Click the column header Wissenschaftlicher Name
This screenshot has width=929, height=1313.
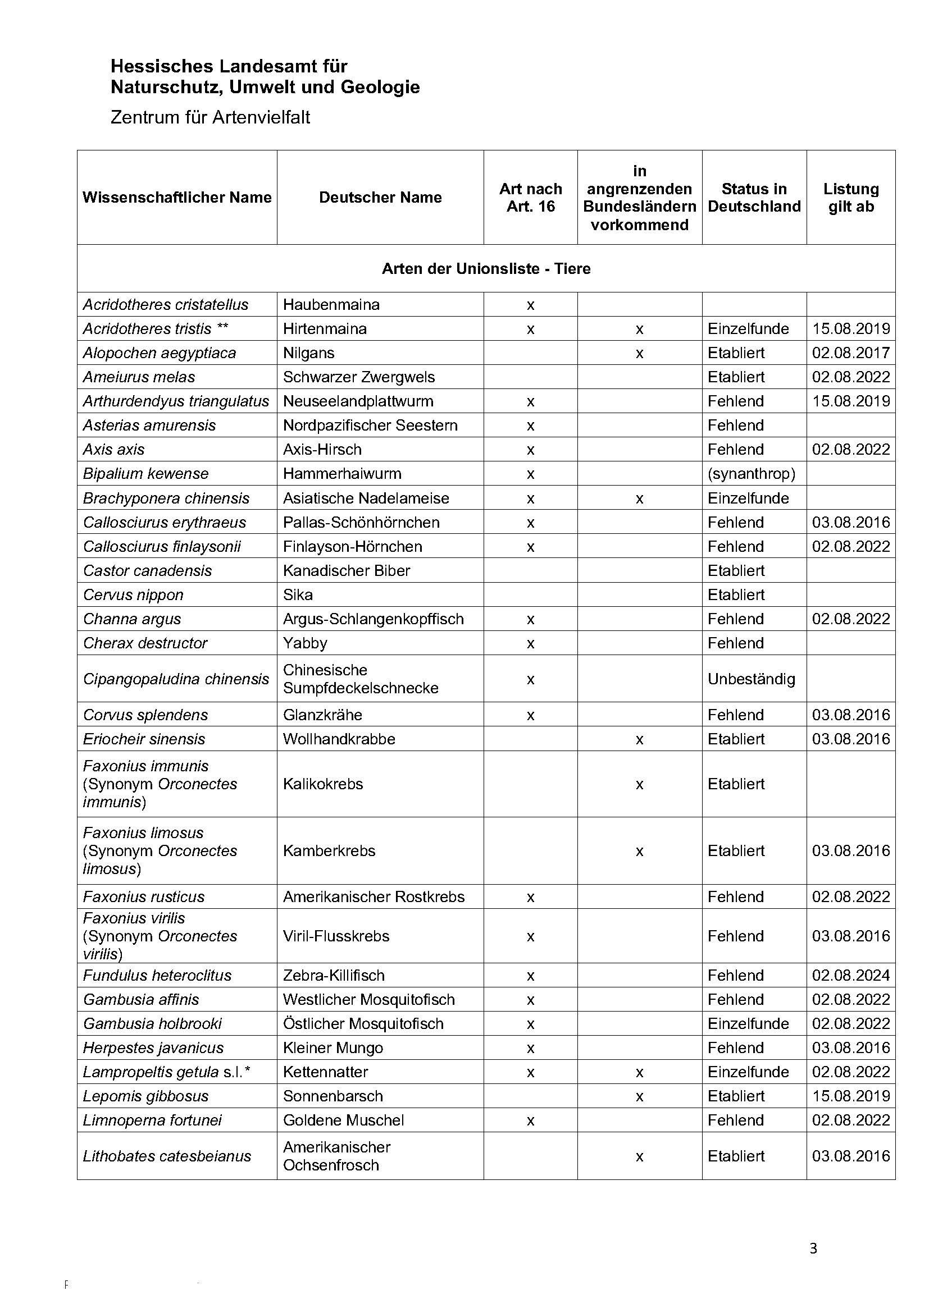click(x=177, y=197)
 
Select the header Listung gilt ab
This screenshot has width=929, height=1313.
click(x=850, y=197)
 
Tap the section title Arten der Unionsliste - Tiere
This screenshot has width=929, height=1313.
click(x=486, y=269)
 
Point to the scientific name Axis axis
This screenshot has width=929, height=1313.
click(x=114, y=450)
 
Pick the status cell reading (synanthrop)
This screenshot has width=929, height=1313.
click(x=751, y=474)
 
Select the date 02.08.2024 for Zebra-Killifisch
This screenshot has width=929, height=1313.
click(x=850, y=975)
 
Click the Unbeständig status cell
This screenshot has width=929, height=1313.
click(x=751, y=679)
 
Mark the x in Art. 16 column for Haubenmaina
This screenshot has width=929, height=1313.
click(x=530, y=305)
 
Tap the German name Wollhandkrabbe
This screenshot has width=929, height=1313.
click(x=339, y=739)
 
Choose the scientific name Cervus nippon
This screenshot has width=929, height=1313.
click(x=133, y=594)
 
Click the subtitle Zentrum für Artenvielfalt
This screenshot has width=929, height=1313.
click(x=210, y=117)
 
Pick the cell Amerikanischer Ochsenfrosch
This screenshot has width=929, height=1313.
click(x=337, y=1156)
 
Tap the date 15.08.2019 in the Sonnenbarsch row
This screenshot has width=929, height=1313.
click(x=850, y=1096)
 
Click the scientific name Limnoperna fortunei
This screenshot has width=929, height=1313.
click(x=152, y=1120)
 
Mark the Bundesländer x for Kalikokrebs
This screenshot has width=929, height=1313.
click(x=639, y=784)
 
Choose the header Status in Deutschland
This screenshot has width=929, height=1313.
click(x=754, y=197)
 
